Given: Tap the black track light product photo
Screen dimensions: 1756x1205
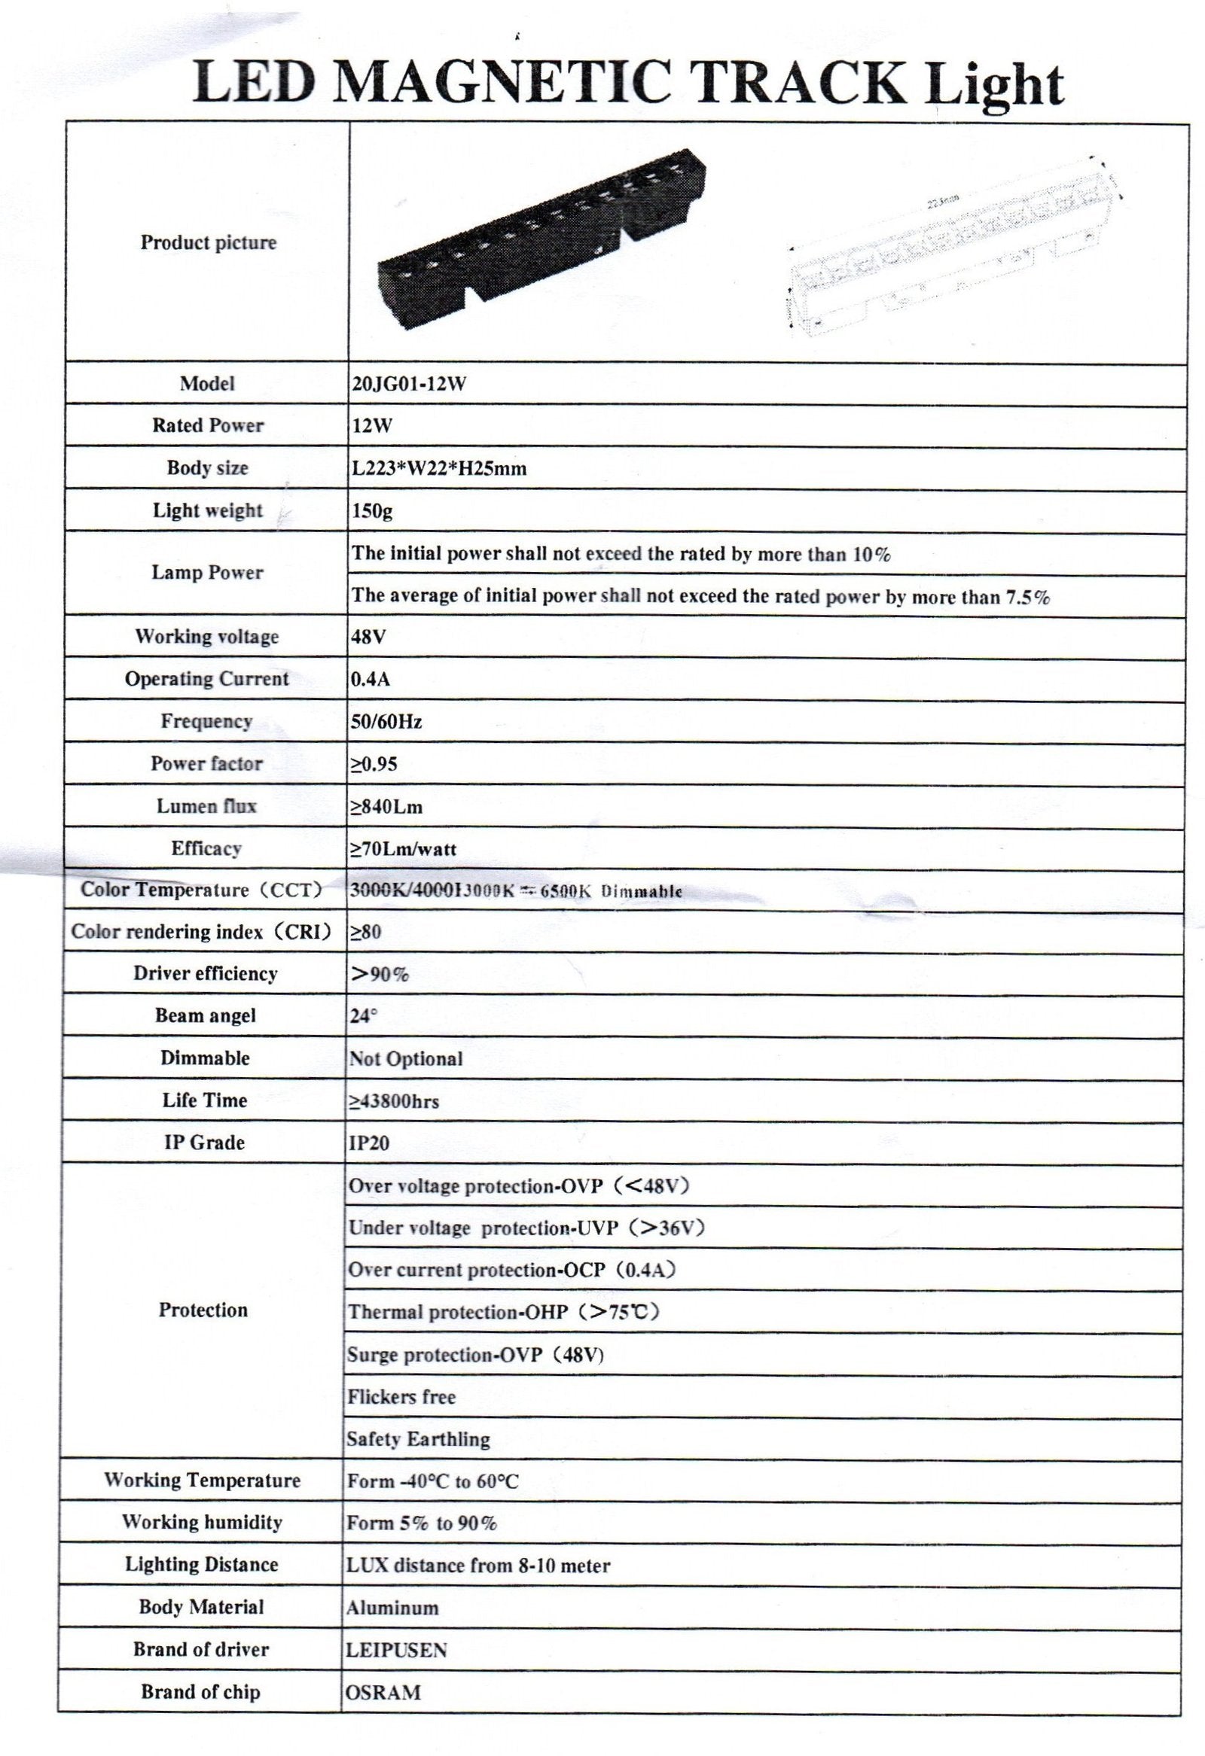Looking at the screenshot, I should (x=542, y=234).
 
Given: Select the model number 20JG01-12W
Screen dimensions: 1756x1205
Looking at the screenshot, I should (x=408, y=384).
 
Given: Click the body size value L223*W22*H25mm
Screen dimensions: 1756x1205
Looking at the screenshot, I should (x=438, y=468).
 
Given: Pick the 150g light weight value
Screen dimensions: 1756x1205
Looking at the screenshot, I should (x=371, y=511).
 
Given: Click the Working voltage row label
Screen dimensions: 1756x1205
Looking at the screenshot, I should (x=206, y=636).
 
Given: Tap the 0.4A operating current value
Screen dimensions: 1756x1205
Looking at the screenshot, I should (x=371, y=679).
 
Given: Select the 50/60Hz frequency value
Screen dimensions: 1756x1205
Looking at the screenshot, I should (x=386, y=722).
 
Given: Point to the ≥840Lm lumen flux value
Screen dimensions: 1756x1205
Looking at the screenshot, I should (x=386, y=807).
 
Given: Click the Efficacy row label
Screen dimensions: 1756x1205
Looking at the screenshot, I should (x=206, y=848).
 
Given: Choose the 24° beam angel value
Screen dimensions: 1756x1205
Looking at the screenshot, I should (x=362, y=1016).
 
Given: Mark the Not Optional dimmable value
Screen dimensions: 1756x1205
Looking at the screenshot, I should (x=405, y=1058).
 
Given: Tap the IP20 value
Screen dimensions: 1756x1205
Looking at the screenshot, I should (x=368, y=1143).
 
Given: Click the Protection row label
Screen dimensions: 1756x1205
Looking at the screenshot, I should (x=203, y=1310).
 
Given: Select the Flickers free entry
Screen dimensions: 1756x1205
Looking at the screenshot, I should (x=401, y=1396).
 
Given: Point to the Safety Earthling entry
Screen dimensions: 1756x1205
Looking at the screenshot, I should (x=417, y=1438).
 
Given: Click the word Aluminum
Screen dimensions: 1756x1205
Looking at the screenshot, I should (x=392, y=1607).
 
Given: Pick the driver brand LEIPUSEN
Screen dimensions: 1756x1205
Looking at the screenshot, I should (x=396, y=1649).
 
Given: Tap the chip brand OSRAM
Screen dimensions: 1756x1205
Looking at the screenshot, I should (x=383, y=1692).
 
